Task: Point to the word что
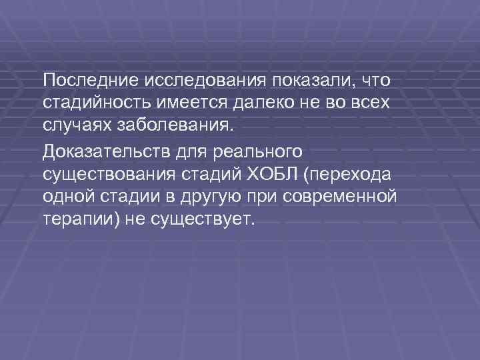tap(375, 81)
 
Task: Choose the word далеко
tap(268, 103)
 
